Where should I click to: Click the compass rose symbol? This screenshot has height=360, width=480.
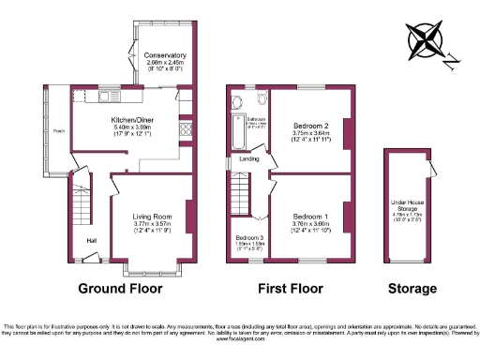(x=427, y=42)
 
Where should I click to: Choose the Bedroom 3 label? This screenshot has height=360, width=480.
(x=248, y=237)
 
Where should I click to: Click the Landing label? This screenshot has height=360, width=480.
(x=249, y=158)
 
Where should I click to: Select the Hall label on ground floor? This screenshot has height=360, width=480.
(x=92, y=241)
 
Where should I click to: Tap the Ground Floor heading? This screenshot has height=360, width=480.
(x=119, y=289)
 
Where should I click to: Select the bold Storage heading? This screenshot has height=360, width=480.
(x=412, y=289)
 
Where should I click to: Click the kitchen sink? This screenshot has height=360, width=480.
(x=111, y=93)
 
